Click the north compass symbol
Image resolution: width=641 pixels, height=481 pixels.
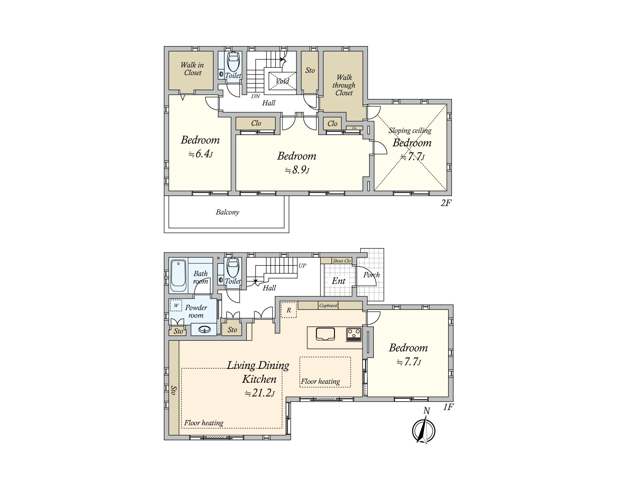423,431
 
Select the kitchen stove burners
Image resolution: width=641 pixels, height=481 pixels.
354,334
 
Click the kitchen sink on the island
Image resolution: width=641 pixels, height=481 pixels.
325,334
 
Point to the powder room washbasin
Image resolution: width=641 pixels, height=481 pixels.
205,330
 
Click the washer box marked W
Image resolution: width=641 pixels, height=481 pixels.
176,305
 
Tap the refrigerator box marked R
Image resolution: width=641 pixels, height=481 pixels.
288,310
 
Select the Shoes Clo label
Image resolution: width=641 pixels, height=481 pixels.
342,261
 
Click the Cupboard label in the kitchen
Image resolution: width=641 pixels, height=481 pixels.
328,305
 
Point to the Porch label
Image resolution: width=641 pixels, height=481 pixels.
371,275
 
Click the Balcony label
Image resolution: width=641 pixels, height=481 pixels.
228,212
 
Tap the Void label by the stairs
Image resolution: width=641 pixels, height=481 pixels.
282,81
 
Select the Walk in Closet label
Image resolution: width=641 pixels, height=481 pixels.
192,69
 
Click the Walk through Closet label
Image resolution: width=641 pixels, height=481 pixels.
344,85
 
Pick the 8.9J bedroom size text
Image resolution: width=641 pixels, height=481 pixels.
297,170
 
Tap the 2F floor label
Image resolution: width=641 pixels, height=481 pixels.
446,203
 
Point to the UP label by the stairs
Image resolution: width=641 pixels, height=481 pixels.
302,265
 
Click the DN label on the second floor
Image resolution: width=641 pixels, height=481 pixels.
256,96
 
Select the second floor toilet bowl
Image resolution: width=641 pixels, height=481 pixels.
233,62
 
